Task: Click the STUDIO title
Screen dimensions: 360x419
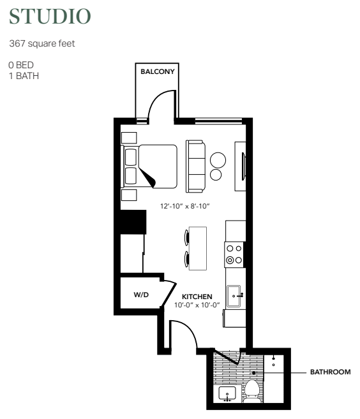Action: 50,17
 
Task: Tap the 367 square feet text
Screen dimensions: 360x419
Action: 42,43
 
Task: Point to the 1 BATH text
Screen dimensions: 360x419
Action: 24,76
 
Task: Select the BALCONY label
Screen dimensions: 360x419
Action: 158,71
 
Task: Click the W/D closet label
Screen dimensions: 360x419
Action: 141,295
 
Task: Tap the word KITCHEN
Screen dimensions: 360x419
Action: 197,297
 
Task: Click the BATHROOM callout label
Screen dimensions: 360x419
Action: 330,372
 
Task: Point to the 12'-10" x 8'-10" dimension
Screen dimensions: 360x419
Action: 185,206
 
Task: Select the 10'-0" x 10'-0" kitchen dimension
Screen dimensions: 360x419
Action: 197,305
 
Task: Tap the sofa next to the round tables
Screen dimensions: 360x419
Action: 195,166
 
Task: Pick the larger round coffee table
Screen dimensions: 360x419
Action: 218,160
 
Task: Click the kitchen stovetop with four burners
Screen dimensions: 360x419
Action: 234,254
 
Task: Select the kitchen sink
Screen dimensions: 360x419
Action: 234,296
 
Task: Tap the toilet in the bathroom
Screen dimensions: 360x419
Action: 252,391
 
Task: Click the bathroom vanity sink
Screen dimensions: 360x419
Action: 227,393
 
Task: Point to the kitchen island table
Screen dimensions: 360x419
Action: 198,248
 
